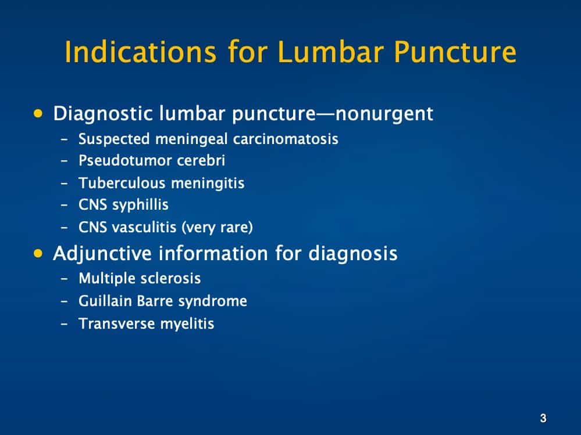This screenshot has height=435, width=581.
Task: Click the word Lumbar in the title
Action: coord(332,52)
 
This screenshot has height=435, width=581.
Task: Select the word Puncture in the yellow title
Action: coord(455,52)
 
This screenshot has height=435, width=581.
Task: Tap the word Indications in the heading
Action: coord(137,52)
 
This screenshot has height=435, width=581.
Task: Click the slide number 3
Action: coord(543,418)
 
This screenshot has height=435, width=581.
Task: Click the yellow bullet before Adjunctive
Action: coord(39,253)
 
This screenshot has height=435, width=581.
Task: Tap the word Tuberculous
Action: coord(122,183)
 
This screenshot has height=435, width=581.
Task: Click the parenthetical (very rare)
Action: coord(218,227)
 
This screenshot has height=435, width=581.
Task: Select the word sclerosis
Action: coord(172,279)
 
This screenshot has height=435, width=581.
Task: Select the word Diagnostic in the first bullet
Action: coord(104,114)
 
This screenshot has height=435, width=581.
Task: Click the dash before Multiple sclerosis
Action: coord(65,279)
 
